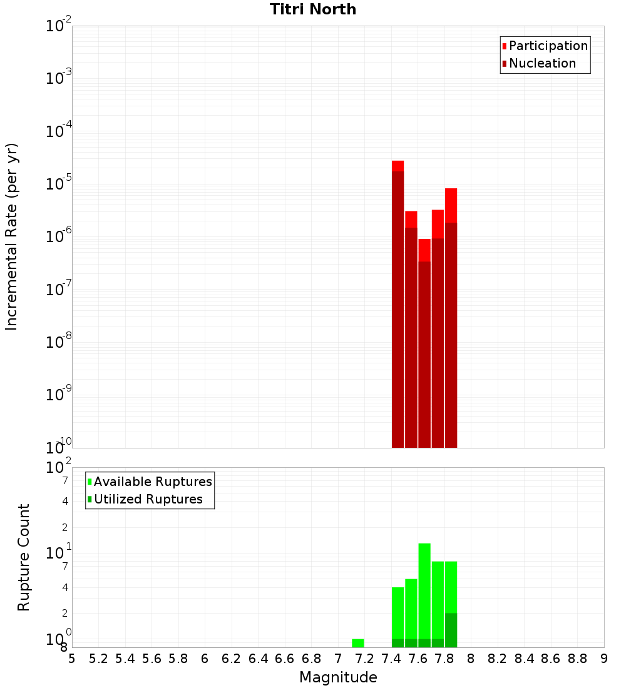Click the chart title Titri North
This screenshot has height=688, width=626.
(x=313, y=9)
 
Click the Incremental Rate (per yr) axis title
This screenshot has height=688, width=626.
(x=11, y=236)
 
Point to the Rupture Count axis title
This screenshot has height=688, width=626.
(x=24, y=557)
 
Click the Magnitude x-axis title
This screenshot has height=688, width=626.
(x=338, y=677)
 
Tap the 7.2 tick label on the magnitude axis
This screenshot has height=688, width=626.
(x=364, y=659)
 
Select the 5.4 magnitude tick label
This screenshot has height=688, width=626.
(x=125, y=659)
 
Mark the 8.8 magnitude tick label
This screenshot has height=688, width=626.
(x=577, y=659)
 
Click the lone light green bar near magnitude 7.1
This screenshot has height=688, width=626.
(x=358, y=643)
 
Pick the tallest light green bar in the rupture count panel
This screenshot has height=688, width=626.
(x=424, y=591)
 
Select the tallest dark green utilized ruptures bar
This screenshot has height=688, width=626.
(x=451, y=630)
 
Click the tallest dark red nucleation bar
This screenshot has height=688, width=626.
(x=398, y=310)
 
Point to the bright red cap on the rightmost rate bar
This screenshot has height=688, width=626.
(x=451, y=205)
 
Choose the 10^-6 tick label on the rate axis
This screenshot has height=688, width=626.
(x=59, y=237)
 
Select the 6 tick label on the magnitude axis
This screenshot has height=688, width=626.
(x=205, y=659)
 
